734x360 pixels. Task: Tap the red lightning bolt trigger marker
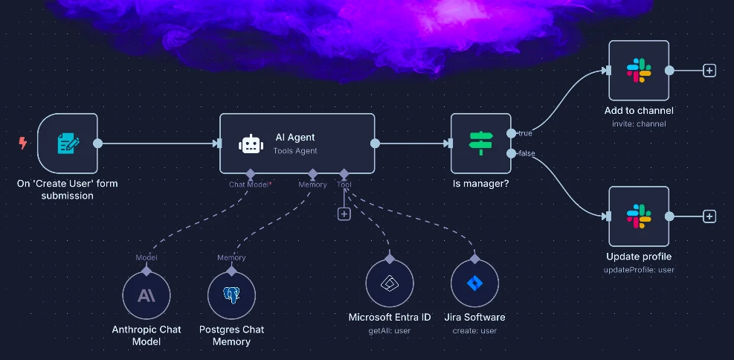coord(22,143)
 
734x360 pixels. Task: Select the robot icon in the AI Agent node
coord(251,144)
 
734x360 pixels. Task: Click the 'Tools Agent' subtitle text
coord(296,151)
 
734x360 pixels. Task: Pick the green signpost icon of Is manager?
coord(480,144)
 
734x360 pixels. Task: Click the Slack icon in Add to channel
coord(639,71)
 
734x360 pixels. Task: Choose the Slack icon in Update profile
coord(639,216)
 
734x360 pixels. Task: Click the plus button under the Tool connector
coord(344,214)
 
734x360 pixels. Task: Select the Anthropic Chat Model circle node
coord(146,295)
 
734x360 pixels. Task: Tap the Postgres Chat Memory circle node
coord(231,295)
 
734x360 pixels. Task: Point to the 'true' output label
coord(525,134)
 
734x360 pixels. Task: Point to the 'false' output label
coord(527,153)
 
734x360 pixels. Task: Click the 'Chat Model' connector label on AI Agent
coord(248,184)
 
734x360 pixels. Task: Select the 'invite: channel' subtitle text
coord(639,123)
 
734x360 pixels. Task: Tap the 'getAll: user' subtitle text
coord(389,330)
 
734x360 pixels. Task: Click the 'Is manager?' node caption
coord(480,183)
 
